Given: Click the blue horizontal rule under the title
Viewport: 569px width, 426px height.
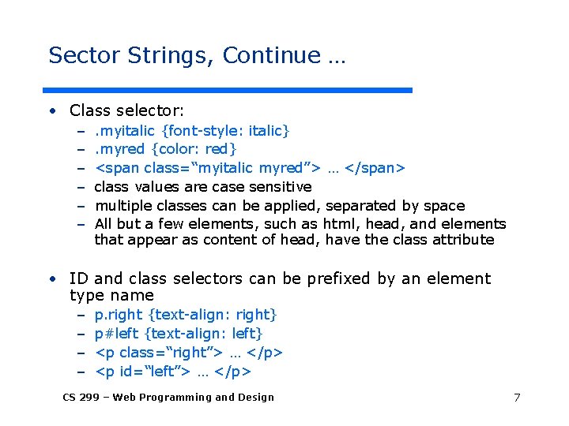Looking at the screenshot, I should tap(229, 90).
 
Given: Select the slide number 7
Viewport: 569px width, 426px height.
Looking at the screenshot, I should tap(517, 397).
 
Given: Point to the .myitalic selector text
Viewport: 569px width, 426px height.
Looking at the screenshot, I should tap(124, 129).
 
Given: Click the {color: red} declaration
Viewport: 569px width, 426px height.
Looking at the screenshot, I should tap(194, 148).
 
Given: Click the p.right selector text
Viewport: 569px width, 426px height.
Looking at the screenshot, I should tap(114, 315).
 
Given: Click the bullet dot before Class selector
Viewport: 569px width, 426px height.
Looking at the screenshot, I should tap(51, 111).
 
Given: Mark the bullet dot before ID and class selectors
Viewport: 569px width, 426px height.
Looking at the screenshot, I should tap(51, 279).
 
